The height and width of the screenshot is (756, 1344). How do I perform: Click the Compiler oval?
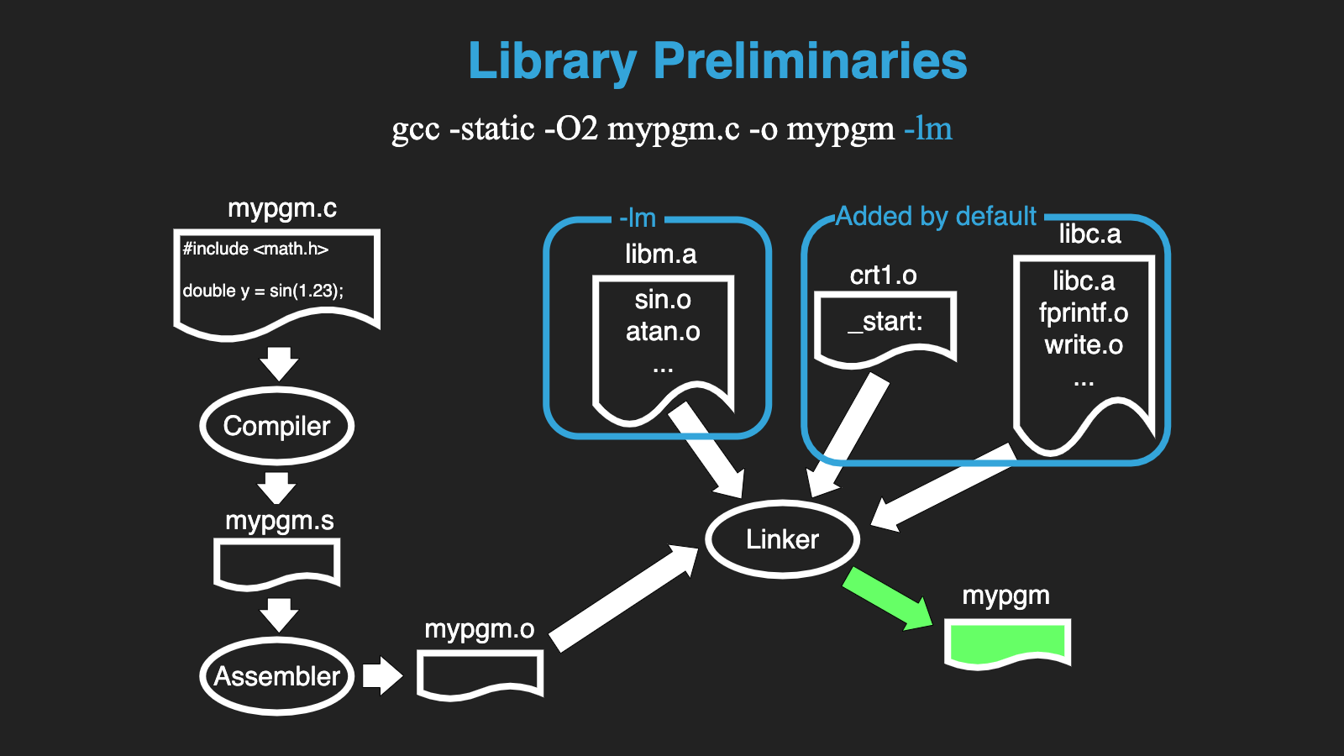click(x=277, y=426)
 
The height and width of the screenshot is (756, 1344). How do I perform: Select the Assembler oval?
click(x=277, y=676)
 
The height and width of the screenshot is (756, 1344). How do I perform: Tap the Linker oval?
click(x=782, y=539)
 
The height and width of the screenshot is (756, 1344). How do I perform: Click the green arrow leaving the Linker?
click(x=886, y=597)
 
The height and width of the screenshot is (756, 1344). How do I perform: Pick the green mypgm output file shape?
click(x=1006, y=643)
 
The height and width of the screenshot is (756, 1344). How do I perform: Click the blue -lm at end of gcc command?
click(x=928, y=129)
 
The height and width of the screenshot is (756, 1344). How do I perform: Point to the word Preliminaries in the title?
click(x=810, y=61)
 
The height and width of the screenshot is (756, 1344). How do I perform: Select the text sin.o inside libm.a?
click(x=663, y=300)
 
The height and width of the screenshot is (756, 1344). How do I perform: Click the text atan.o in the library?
click(x=663, y=332)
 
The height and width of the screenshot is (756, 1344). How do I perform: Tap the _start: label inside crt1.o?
click(x=885, y=322)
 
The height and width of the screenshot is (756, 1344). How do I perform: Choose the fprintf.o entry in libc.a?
click(x=1084, y=313)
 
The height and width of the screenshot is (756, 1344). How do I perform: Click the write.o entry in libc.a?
click(x=1084, y=345)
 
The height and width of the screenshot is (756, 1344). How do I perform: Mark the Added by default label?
click(x=936, y=217)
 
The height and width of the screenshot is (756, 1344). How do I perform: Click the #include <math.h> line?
click(x=255, y=249)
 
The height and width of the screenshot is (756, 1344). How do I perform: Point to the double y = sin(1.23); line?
click(x=263, y=291)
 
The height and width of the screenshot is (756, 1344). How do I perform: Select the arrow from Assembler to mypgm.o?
click(x=382, y=675)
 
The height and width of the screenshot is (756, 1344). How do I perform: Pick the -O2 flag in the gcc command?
click(x=571, y=129)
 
